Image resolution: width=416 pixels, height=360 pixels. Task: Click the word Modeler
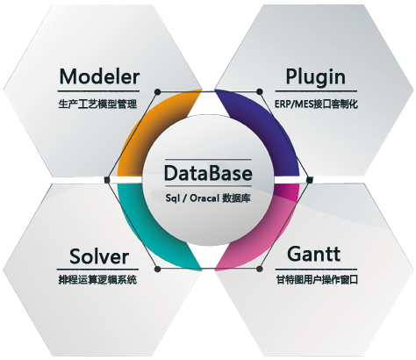[99, 76]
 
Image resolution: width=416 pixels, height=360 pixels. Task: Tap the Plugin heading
[315, 77]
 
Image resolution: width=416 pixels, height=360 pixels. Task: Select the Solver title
[99, 256]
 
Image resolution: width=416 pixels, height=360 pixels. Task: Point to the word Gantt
[313, 254]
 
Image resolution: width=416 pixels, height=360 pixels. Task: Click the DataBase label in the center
[208, 173]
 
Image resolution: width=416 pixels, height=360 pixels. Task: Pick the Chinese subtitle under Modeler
[97, 104]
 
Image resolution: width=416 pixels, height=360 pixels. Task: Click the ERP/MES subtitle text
[316, 104]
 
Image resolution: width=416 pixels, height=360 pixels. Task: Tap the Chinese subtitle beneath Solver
[97, 280]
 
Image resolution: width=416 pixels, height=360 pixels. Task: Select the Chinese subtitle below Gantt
[317, 280]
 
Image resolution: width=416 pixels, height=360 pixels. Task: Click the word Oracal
[204, 198]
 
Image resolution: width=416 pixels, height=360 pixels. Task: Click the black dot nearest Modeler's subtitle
[157, 92]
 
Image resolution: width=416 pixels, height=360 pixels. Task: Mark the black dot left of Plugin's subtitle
[259, 92]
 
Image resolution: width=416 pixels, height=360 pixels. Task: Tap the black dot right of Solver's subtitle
[157, 269]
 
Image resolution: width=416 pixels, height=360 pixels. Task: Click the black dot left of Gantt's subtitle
[259, 269]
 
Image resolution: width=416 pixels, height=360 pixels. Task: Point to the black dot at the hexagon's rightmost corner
[310, 180]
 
